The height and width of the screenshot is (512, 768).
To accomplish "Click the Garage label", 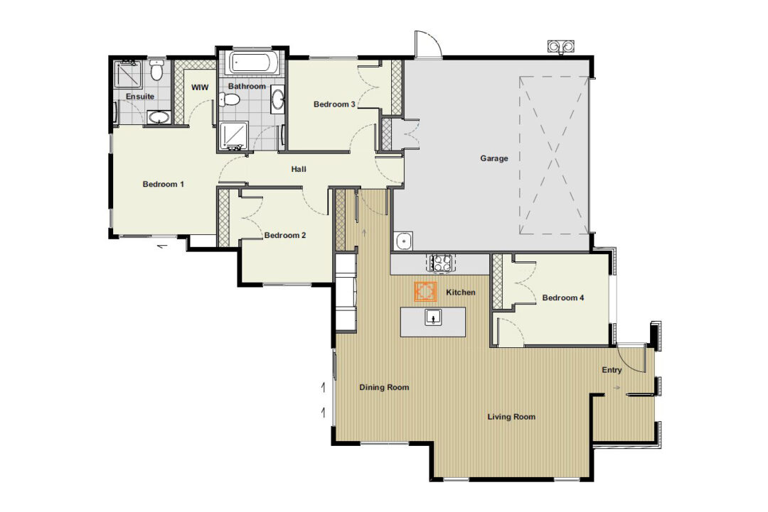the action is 494,158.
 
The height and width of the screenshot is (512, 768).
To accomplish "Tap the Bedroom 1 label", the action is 163,184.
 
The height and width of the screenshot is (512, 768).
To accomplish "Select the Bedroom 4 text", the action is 562,298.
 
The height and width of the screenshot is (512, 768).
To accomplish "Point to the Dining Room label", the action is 384,387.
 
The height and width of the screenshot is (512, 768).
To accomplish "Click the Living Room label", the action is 511,417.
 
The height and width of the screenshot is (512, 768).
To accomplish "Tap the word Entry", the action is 612,370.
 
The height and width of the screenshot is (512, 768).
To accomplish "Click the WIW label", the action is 200,87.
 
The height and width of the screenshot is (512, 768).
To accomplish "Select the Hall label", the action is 299,169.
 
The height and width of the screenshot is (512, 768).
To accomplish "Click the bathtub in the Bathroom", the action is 254,62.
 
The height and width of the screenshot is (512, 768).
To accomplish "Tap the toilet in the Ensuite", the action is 156,70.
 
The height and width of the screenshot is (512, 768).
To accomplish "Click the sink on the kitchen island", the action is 433,318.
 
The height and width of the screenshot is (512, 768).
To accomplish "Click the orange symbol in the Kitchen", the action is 425,292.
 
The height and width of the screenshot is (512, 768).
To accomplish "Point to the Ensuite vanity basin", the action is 159,117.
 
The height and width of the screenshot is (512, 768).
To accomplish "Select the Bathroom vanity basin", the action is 278,99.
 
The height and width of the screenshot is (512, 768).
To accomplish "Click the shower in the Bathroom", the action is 234,136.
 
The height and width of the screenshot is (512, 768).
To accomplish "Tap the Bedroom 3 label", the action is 334,104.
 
